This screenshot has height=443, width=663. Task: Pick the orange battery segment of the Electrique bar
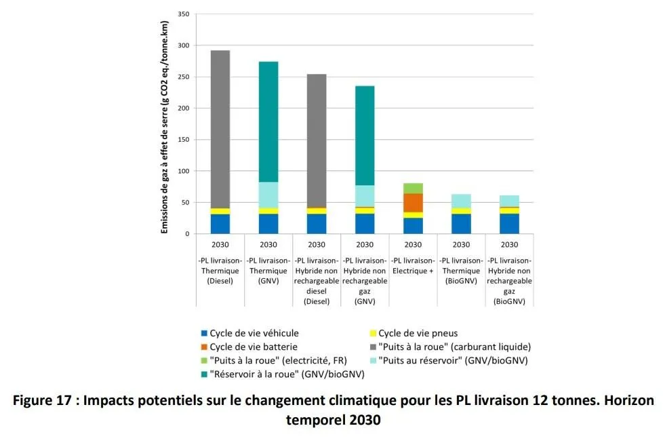[413, 203]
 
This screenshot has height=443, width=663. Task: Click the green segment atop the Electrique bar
[413, 188]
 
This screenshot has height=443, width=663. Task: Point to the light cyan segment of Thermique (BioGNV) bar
[461, 201]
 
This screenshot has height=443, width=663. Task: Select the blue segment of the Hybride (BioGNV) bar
[509, 224]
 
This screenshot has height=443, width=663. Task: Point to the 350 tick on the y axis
[183, 14]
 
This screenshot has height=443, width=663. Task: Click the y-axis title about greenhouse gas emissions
[165, 128]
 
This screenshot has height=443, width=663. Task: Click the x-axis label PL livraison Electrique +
[413, 265]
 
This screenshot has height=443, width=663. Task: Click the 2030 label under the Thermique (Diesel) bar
[220, 245]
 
